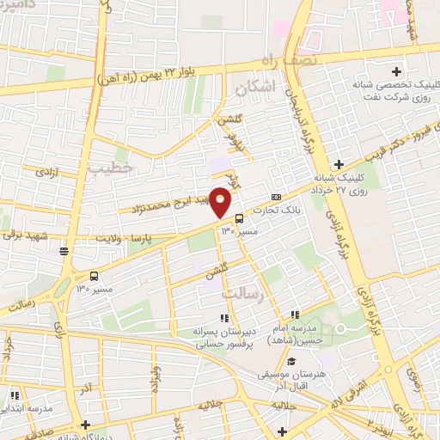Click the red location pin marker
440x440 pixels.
coord(221,201)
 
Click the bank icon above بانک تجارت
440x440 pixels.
coord(275,196)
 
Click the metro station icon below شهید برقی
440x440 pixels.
coord(64,251)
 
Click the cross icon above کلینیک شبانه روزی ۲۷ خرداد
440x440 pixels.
coord(340,164)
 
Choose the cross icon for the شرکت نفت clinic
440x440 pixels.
coord(396,71)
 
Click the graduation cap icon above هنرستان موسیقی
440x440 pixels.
coord(291,361)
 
